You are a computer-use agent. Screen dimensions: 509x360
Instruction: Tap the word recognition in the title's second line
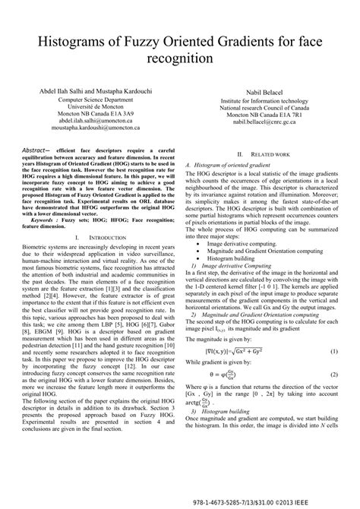coord(180,57)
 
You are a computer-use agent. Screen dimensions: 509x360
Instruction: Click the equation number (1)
coord(333,331)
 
